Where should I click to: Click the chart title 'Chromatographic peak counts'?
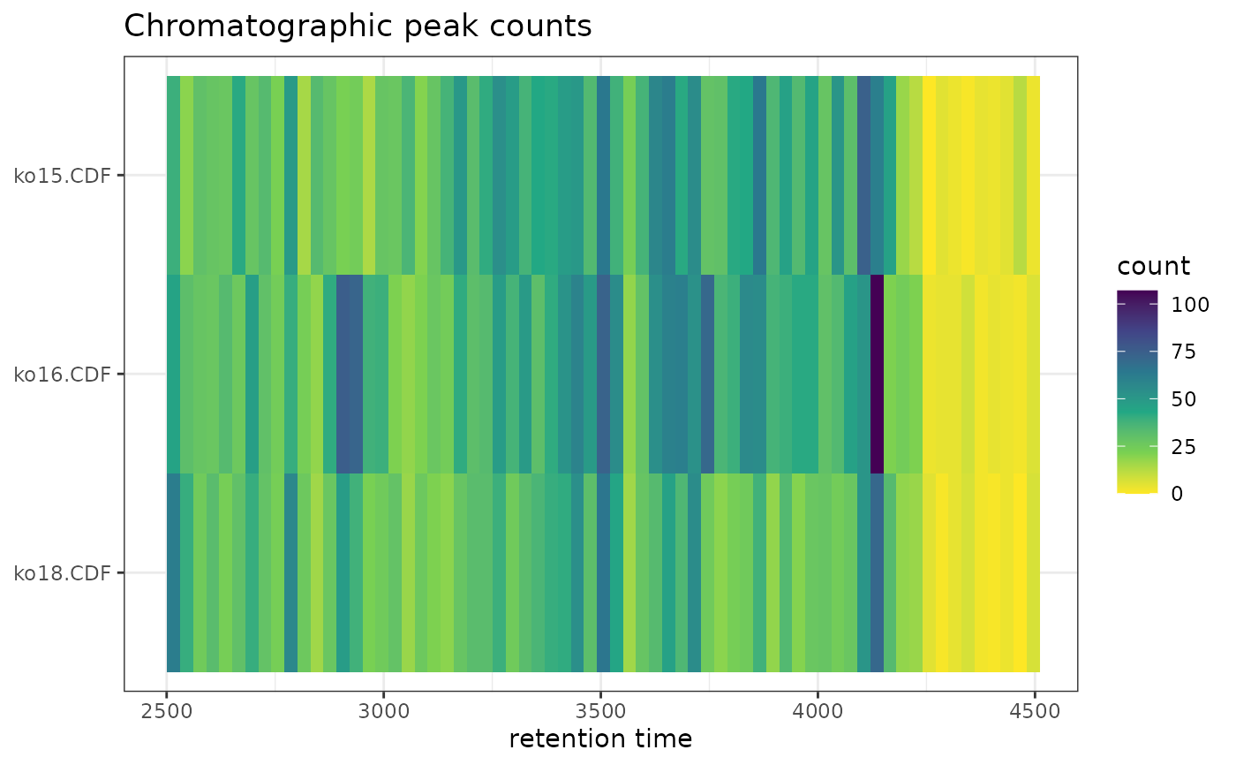click(358, 27)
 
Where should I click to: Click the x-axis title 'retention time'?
click(600, 738)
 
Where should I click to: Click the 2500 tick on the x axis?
click(167, 711)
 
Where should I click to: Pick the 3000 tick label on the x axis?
click(384, 711)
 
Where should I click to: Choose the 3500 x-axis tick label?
click(600, 711)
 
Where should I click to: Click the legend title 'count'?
click(1153, 266)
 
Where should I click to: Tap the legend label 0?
click(1178, 494)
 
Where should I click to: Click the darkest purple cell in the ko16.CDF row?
click(877, 375)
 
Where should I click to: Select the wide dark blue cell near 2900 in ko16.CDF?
click(350, 375)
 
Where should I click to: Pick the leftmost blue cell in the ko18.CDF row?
click(173, 573)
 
